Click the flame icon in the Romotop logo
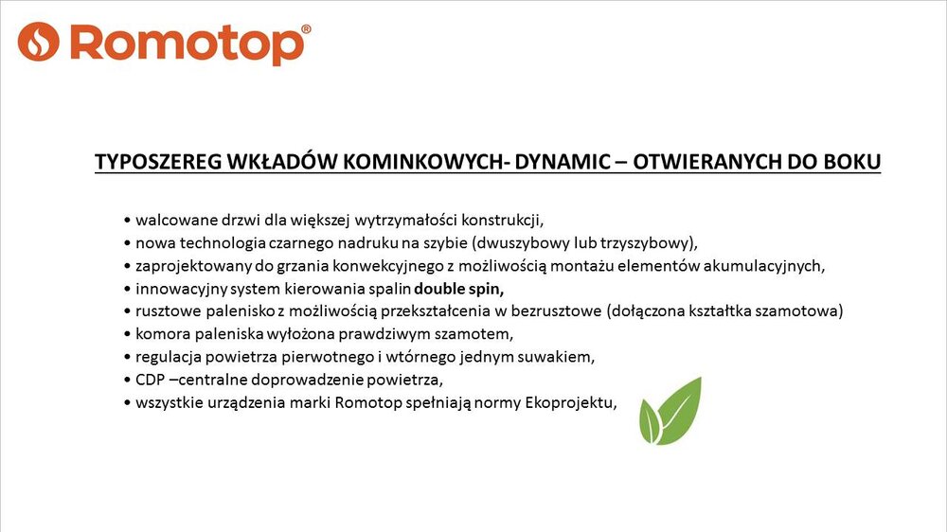tap(39, 42)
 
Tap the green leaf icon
tap(670, 411)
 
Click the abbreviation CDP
tap(150, 380)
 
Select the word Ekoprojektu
tap(571, 402)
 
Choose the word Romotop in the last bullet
tap(368, 402)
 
